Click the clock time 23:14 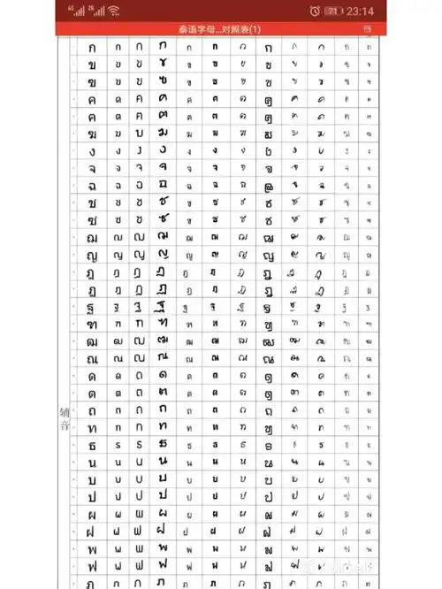pos(361,11)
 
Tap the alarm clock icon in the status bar pos(316,11)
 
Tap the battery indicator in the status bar pos(333,11)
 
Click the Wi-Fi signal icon pos(114,11)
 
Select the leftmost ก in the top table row pos(92,46)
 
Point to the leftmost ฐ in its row pos(92,307)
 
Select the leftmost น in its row pos(92,463)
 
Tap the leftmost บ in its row pos(92,480)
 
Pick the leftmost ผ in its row pos(92,515)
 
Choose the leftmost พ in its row pos(92,549)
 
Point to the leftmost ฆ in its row pos(92,134)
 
